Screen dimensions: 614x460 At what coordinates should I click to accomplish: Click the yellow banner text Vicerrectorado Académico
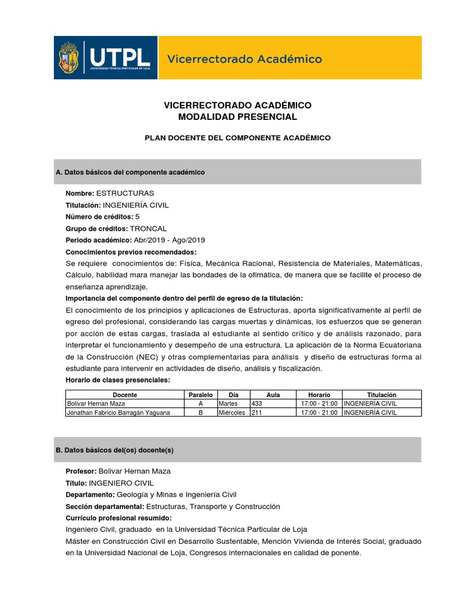click(x=244, y=59)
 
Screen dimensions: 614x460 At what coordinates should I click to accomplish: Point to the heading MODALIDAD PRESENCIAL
click(x=238, y=117)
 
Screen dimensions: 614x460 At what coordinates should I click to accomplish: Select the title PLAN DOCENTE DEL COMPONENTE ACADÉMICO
click(x=238, y=138)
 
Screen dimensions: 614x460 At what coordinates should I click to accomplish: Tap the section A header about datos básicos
click(x=130, y=172)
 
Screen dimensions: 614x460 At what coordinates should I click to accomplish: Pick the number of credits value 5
click(x=137, y=216)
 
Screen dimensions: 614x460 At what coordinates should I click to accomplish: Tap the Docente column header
click(x=125, y=395)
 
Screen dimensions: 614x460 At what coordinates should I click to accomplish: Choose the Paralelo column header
click(x=201, y=395)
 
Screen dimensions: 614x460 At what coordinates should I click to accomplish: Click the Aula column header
click(x=273, y=395)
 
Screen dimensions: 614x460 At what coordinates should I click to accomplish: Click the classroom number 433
click(x=257, y=404)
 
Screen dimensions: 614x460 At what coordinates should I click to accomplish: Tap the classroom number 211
click(x=256, y=413)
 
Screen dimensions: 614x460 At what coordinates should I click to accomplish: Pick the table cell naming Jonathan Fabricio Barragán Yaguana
click(x=119, y=413)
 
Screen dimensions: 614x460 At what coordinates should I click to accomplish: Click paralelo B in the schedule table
click(x=201, y=413)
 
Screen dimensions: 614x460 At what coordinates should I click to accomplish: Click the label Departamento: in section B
click(x=90, y=495)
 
